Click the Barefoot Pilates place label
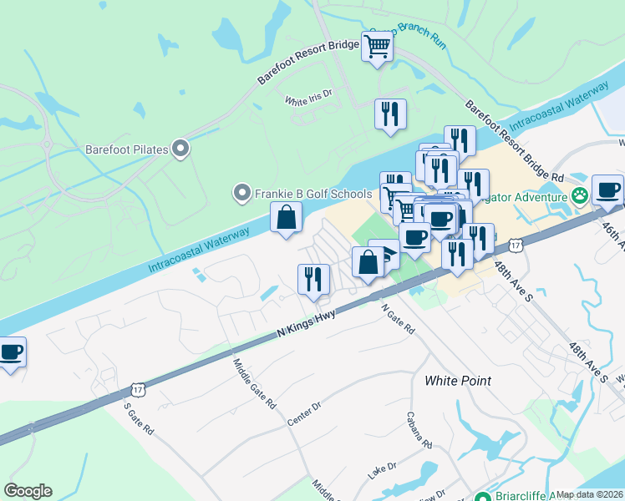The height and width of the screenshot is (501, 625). pos(127,150)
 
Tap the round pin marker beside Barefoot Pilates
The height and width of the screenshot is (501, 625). pos(180,150)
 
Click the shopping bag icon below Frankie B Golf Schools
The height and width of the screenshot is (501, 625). pos(286,218)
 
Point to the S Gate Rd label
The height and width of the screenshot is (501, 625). pos(139,419)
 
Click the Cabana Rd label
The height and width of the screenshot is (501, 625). pos(419,429)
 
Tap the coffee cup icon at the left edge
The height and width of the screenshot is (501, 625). pos(11,352)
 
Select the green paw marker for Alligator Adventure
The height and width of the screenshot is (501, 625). pos(580,195)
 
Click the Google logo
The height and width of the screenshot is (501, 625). pos(28,491)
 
